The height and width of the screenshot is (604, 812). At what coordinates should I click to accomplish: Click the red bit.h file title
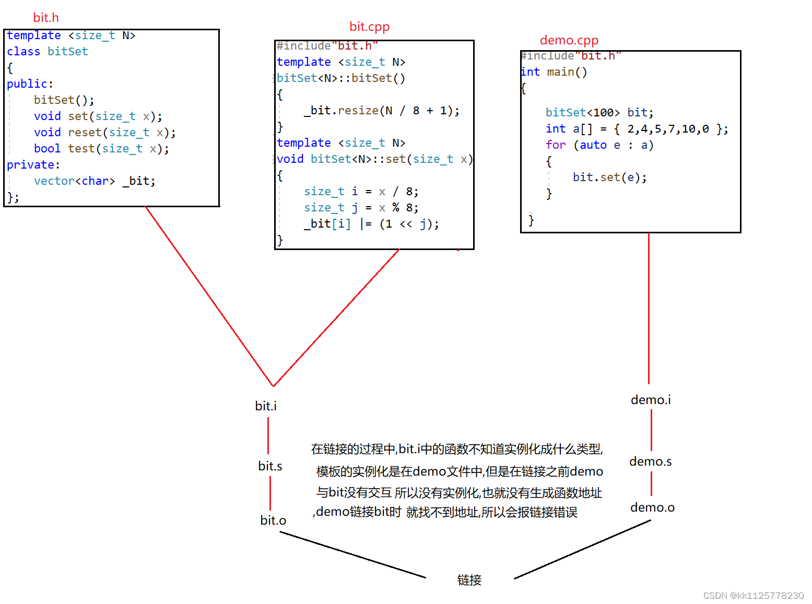click(46, 18)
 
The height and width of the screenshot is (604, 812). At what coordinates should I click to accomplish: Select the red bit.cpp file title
click(369, 27)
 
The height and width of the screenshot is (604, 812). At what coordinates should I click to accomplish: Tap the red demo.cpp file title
click(569, 40)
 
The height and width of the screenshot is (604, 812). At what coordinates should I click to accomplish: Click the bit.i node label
click(266, 406)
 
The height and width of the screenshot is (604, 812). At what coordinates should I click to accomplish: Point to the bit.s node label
click(270, 466)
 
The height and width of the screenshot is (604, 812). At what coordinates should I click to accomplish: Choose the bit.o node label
click(273, 520)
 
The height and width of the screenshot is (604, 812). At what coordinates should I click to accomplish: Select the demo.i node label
click(651, 400)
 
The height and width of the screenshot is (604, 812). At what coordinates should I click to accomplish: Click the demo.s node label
click(650, 461)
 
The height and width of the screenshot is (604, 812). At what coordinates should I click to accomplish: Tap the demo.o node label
click(652, 507)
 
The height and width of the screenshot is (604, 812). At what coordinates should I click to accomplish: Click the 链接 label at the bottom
click(469, 580)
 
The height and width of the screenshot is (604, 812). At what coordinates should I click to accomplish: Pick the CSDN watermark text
click(753, 596)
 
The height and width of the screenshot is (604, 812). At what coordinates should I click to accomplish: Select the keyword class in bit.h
click(23, 52)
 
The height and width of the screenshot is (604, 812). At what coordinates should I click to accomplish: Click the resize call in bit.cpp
click(358, 111)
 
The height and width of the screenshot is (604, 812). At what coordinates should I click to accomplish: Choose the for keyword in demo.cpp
click(556, 145)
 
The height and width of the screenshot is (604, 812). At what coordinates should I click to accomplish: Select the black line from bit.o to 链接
click(352, 555)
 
